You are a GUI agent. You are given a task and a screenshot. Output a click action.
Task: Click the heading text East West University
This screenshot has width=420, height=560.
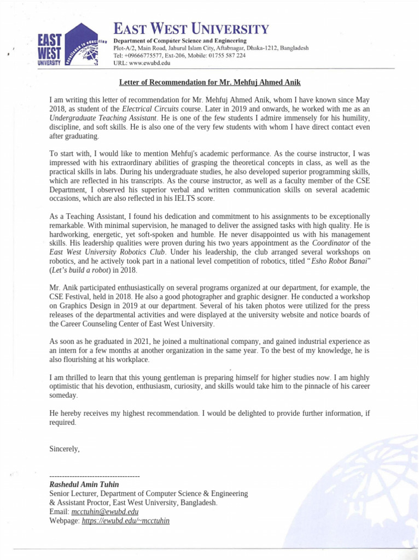(x=191, y=29)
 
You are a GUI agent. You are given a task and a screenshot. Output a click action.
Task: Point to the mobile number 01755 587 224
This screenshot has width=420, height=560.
(x=224, y=55)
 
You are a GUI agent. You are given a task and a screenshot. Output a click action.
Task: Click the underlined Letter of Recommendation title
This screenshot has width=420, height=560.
(x=210, y=82)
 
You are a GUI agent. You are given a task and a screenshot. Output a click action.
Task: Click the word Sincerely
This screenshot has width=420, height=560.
(x=64, y=449)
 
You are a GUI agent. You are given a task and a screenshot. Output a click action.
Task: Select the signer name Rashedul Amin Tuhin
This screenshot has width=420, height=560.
(x=84, y=485)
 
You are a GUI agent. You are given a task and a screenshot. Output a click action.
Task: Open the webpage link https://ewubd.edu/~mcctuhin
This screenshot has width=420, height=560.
(x=125, y=521)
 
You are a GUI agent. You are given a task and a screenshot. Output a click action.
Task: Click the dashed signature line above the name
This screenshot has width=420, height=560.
(x=94, y=476)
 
